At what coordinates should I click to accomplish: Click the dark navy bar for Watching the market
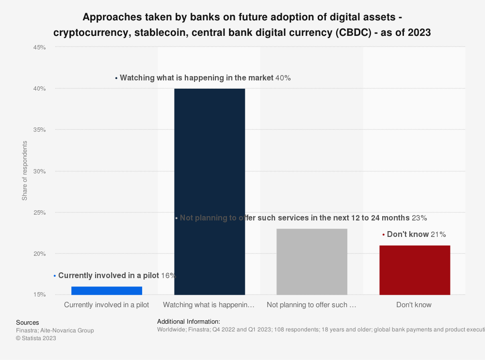point(210,191)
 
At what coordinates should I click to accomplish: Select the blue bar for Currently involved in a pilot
point(107,291)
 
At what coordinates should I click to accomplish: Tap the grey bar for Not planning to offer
point(312,262)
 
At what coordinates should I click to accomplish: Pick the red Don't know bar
point(415,270)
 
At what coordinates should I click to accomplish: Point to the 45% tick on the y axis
point(39,47)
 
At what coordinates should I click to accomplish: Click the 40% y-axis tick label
point(39,89)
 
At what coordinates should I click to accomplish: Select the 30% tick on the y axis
point(39,171)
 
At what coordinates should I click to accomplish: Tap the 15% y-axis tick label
point(39,295)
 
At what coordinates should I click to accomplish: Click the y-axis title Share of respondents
point(25,171)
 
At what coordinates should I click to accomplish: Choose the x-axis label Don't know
point(414,305)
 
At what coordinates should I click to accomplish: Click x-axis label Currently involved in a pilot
point(107,305)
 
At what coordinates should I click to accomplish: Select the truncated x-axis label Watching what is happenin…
point(209,305)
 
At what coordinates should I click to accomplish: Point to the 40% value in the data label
point(283,78)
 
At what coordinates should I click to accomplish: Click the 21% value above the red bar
point(438,235)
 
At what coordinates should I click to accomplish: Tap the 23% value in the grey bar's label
point(419,218)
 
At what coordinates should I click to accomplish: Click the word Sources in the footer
point(28,323)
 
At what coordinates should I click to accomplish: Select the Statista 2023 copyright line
point(36,338)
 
